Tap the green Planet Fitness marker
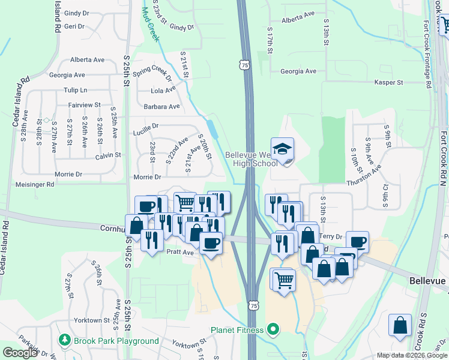[x=274, y=329]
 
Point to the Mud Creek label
[x=151, y=25]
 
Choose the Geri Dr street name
[x=74, y=26]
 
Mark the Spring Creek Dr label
[x=152, y=74]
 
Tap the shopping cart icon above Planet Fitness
[x=284, y=279]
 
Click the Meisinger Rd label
[x=35, y=185]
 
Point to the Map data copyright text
[x=412, y=355]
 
